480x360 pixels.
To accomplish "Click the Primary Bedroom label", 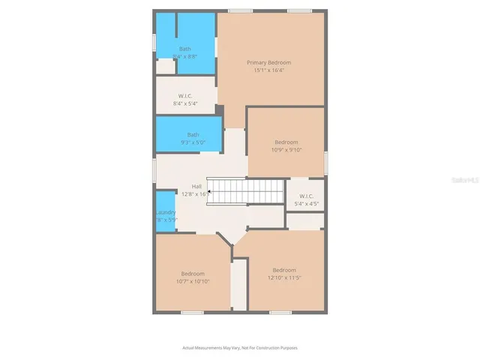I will (x=269, y=62).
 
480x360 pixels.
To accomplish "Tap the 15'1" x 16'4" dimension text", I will (x=269, y=70).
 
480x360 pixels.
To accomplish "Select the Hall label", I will (x=196, y=186).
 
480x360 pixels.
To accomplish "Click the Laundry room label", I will (x=166, y=212).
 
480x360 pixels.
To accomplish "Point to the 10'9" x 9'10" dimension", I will (x=286, y=150).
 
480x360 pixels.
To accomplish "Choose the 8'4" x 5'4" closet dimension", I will (x=185, y=103).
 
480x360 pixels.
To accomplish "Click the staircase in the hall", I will (x=244, y=191).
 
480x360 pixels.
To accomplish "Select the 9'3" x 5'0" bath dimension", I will (x=193, y=142).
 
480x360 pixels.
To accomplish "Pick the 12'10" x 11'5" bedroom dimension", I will (x=284, y=278).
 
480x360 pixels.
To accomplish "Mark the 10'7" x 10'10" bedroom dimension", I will (x=193, y=281).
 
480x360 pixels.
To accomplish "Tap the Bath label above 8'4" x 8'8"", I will (x=184, y=49).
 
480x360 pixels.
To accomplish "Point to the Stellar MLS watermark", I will (x=464, y=181).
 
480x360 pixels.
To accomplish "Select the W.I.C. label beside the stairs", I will (x=304, y=196).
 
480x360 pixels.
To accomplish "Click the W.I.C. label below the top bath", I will (x=185, y=95).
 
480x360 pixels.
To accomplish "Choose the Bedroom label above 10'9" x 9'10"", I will (x=286, y=142).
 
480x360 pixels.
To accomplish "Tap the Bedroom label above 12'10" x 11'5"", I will (x=284, y=270).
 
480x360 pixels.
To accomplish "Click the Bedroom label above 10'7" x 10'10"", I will (x=193, y=273).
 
